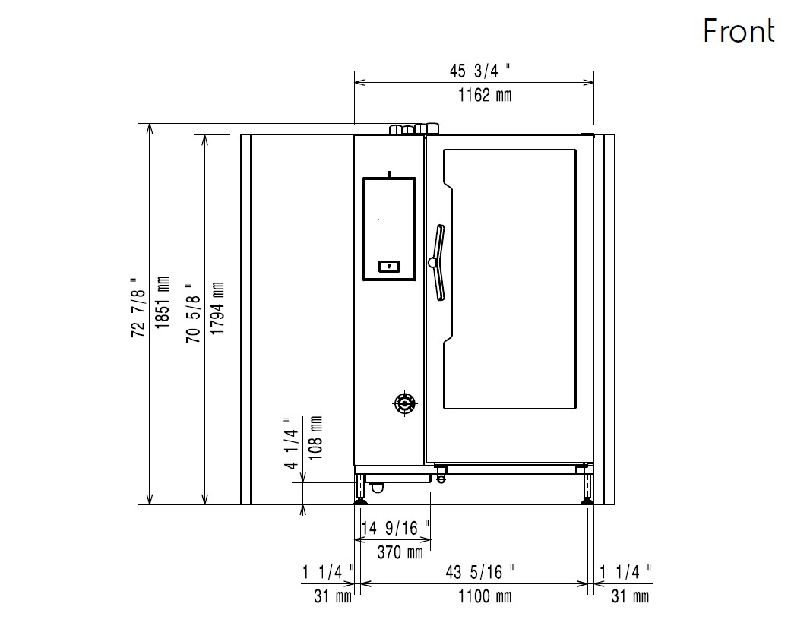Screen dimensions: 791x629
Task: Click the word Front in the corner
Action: click(x=739, y=31)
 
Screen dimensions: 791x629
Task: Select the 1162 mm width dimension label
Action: click(x=484, y=95)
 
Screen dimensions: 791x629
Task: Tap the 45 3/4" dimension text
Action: click(x=479, y=71)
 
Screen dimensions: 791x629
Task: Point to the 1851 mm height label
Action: click(x=163, y=302)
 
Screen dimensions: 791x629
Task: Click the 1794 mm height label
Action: click(x=217, y=308)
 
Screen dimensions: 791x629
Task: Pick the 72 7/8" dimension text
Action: click(x=138, y=307)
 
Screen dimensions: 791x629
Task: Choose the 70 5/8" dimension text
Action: click(x=193, y=313)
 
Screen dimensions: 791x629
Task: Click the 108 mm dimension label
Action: click(x=315, y=438)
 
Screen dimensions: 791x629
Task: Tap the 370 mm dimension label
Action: click(x=400, y=552)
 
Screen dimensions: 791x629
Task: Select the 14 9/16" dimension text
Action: click(x=395, y=528)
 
